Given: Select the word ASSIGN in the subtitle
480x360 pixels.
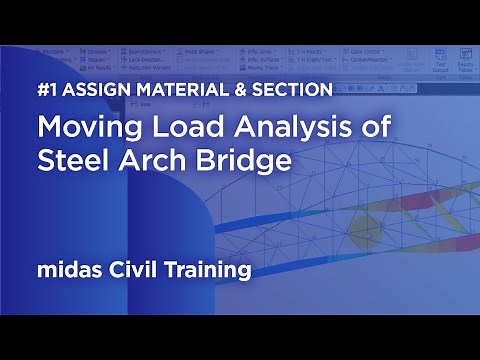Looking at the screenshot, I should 90,90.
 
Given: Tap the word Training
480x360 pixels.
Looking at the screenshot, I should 211,269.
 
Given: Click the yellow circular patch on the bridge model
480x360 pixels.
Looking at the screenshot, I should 371,227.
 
